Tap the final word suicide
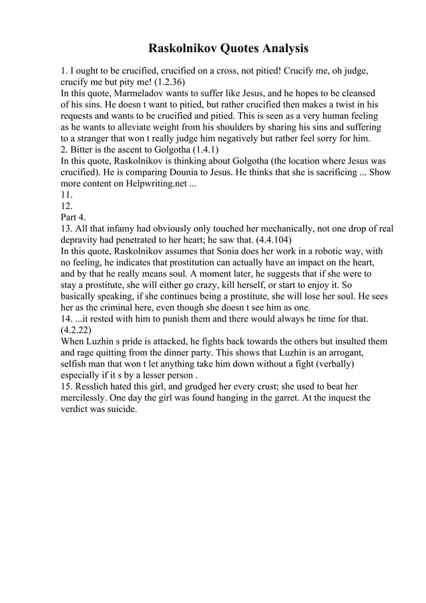120,409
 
